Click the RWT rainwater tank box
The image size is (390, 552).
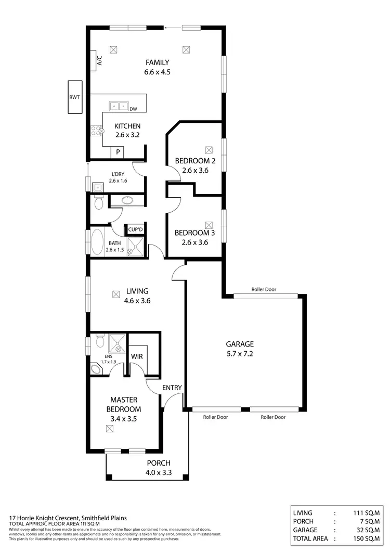74,97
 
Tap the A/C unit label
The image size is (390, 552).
98,60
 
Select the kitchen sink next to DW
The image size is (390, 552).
119,106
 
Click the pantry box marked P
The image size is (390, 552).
119,152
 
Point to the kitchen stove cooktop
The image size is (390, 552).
97,130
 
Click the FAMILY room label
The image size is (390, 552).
157,62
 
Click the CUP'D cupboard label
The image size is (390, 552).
134,229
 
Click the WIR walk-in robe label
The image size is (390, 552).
137,356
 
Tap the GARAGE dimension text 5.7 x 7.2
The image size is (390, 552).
239,354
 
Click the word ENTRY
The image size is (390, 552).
172,388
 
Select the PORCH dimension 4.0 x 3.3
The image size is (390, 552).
159,473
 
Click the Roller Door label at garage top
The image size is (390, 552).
264,289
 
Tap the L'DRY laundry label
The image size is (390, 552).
117,174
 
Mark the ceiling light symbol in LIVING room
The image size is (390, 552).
115,294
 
